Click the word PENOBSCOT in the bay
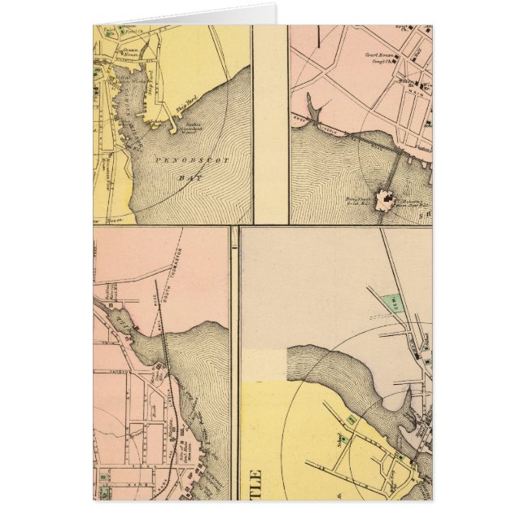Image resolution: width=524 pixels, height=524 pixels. coord(188,159)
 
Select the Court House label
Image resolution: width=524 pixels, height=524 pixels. coord(375,56)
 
